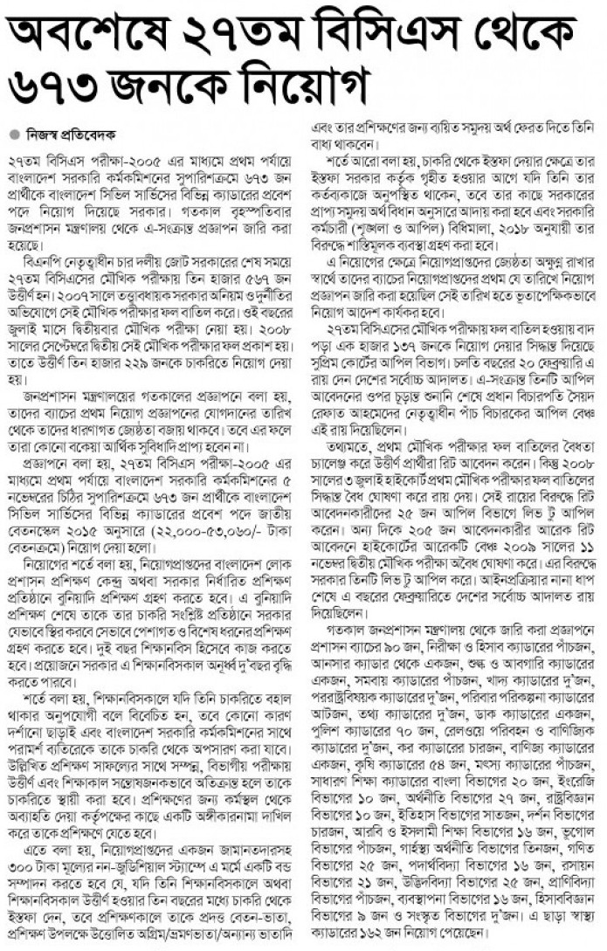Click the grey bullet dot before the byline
coord(13,134)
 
